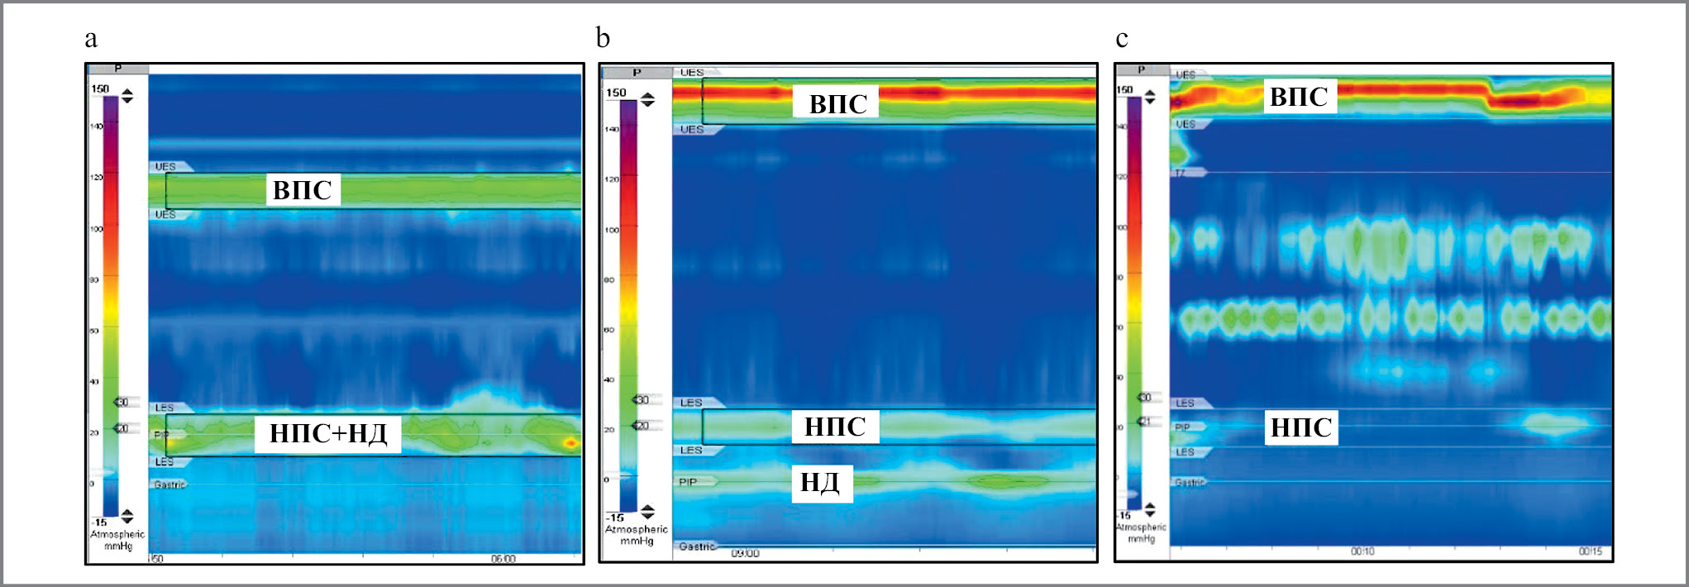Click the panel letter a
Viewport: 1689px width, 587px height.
(x=91, y=39)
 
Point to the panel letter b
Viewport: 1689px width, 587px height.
(x=603, y=37)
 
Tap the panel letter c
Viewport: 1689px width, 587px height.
(x=1121, y=39)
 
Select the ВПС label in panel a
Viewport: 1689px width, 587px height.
(x=303, y=190)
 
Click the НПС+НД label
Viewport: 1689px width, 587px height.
(x=328, y=433)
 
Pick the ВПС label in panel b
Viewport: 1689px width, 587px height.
(x=837, y=104)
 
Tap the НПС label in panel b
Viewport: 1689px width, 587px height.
(x=835, y=427)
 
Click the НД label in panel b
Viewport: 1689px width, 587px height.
(x=820, y=482)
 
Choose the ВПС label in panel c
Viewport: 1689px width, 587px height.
(x=1298, y=97)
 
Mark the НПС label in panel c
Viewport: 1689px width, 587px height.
(x=1300, y=427)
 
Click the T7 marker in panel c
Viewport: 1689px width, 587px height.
(x=1181, y=173)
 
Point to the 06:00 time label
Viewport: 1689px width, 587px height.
(x=503, y=559)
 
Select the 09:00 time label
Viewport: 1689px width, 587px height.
(x=744, y=554)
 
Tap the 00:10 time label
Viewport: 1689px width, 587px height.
(x=1362, y=551)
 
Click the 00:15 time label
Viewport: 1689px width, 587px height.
(x=1590, y=551)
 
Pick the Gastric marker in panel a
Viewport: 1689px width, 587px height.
(x=169, y=484)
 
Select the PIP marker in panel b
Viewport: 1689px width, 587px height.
(x=688, y=482)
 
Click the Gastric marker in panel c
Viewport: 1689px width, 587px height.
(x=1189, y=482)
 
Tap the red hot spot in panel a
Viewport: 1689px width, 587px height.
(x=570, y=443)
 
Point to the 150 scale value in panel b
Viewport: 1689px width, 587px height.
(x=616, y=93)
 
